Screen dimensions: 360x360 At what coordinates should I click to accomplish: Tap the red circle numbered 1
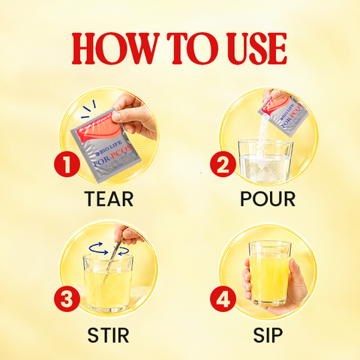coord(67,164)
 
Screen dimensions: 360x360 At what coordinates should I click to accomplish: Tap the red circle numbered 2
coord(223,164)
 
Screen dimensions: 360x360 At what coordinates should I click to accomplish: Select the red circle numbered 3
coord(67,298)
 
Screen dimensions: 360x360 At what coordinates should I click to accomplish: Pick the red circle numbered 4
coord(223,298)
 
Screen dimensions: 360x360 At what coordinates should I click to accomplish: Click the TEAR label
coord(109,199)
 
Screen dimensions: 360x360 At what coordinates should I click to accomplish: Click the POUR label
coord(268,199)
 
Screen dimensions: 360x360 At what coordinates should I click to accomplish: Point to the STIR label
coord(108,335)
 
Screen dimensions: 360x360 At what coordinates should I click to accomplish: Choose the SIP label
coord(268,335)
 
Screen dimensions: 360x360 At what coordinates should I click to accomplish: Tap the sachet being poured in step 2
coord(283,115)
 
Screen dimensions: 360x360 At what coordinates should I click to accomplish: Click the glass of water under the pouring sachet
coord(265,162)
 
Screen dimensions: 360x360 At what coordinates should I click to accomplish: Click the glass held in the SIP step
coord(270,273)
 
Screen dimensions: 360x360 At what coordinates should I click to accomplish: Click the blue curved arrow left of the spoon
coord(99,248)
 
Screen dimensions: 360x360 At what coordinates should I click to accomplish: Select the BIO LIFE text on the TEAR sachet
coord(111,147)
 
